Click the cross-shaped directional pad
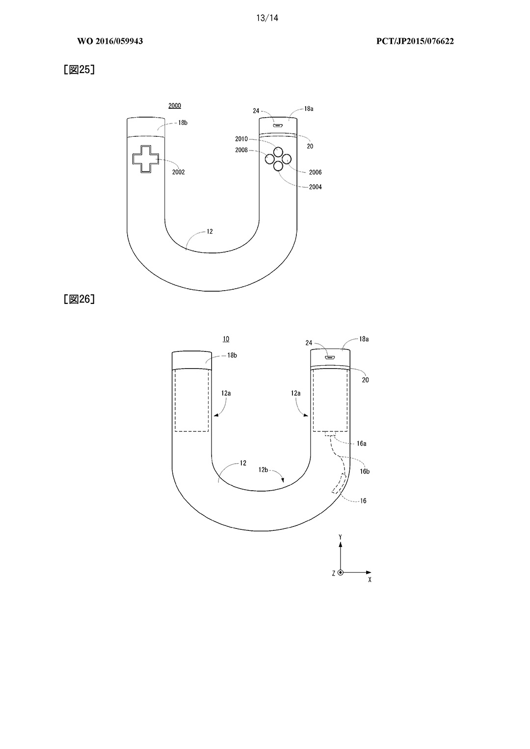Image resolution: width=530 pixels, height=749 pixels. [x=145, y=159]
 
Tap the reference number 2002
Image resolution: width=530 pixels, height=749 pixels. [x=179, y=172]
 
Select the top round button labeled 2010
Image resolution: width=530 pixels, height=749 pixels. [x=278, y=151]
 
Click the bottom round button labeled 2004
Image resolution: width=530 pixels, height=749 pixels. [x=278, y=166]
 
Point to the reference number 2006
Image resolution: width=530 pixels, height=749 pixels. [x=315, y=172]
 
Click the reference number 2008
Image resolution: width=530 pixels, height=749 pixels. [x=241, y=150]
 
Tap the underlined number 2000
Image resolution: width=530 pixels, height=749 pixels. [x=174, y=106]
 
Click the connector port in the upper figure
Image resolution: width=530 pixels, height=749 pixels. [x=278, y=126]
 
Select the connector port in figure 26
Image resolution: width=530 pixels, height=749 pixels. [x=330, y=357]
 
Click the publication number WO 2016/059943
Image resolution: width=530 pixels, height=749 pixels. [x=110, y=41]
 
